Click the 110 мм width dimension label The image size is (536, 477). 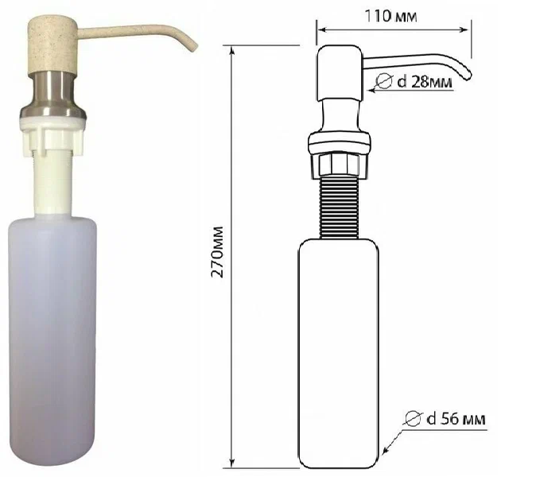[390, 16]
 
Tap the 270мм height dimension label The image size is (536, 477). [217, 252]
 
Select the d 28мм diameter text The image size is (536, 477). [425, 82]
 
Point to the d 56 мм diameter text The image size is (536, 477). [456, 419]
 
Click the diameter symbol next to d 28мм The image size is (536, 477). [383, 81]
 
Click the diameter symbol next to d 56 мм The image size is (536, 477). [414, 419]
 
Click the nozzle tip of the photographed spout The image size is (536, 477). [194, 48]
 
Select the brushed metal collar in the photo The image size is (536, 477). [52, 95]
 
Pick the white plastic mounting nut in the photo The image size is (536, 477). [53, 137]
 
